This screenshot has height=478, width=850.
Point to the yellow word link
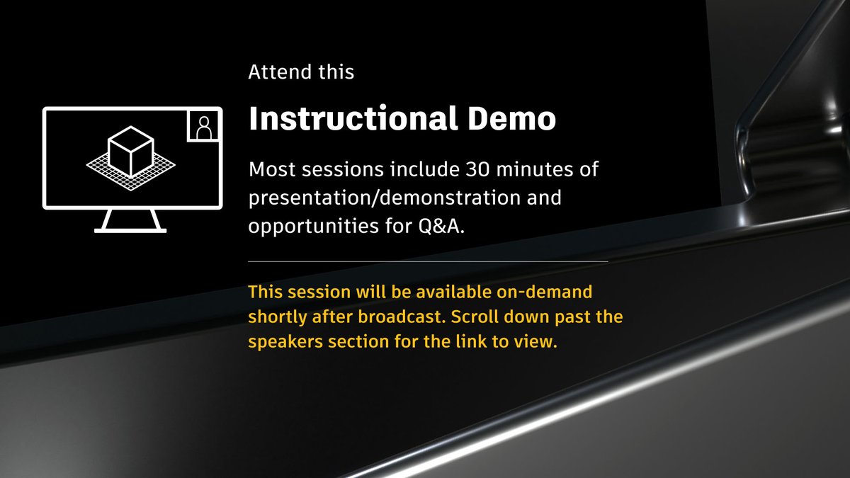[x=474, y=342]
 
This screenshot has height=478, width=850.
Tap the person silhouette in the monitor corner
[x=204, y=127]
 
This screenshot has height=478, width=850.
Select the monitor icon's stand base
[x=131, y=228]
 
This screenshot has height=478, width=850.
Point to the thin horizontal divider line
[x=428, y=261]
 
